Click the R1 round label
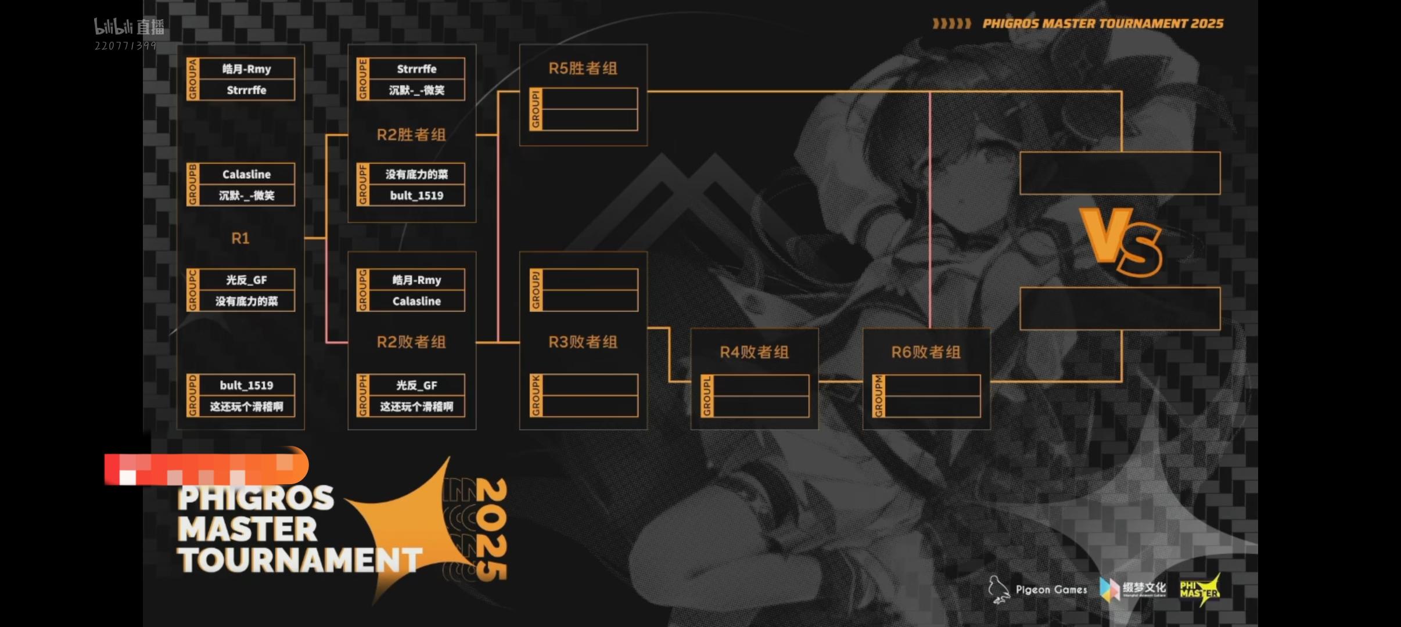pos(240,238)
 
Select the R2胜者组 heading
pos(411,135)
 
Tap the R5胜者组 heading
pos(583,69)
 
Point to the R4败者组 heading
pos(754,352)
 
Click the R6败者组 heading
pos(926,352)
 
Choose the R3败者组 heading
pos(583,342)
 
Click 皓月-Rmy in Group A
pos(246,69)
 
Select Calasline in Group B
pos(246,174)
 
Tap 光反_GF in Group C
pos(246,280)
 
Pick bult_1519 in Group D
pos(246,385)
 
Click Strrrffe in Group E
pos(416,69)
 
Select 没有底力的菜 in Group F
pos(416,174)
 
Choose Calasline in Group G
pos(416,301)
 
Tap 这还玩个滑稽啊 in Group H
pos(416,406)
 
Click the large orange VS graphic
pos(1120,242)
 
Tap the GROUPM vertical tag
pos(878,396)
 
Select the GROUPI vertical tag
pos(536,109)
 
